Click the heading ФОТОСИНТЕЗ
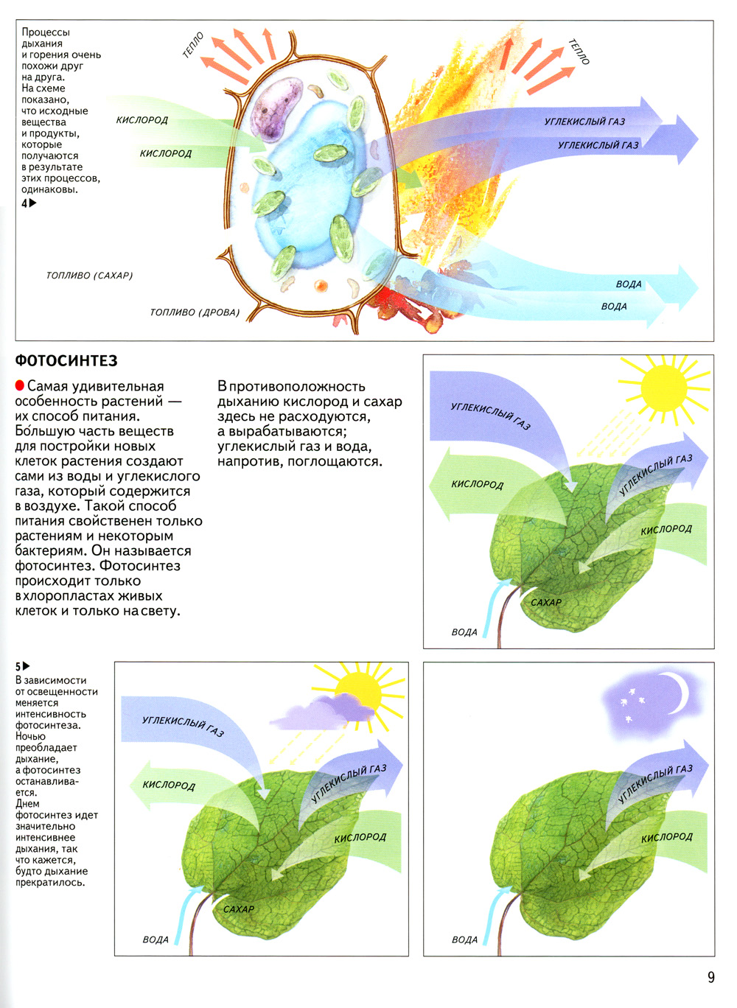pos(66,361)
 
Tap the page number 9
pos(710,977)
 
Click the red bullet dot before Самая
pos(20,386)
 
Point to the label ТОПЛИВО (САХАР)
pos(89,276)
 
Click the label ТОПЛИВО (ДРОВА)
pos(195,312)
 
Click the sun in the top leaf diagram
pos(663,388)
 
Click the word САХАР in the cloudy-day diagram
pos(239,909)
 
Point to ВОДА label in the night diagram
pos(464,939)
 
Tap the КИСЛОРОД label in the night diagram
pos(666,837)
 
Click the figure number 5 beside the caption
pos(18,667)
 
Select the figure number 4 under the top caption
pos(24,203)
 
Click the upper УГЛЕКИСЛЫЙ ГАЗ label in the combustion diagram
pos(584,122)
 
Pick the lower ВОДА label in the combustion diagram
pos(614,307)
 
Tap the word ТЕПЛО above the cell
pos(193,46)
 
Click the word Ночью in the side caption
pos(30,736)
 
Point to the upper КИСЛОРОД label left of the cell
pos(142,120)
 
